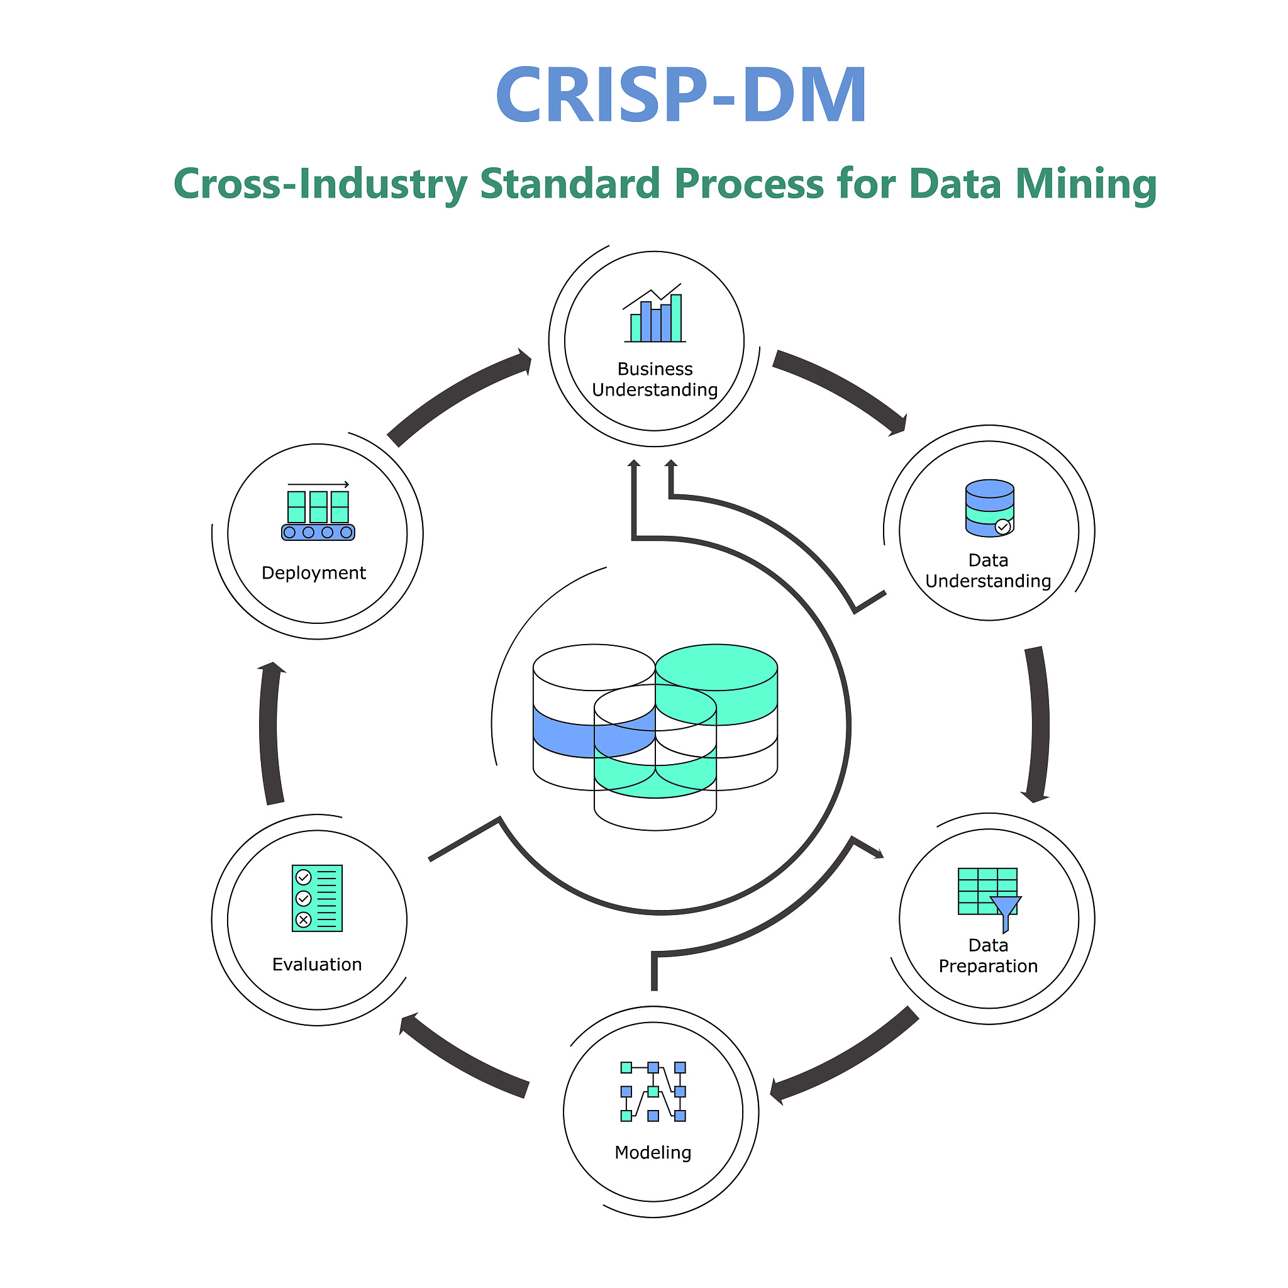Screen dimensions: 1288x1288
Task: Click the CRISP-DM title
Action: coord(680,96)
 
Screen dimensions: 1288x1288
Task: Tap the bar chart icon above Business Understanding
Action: coord(654,315)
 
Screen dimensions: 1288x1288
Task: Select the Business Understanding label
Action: coord(655,379)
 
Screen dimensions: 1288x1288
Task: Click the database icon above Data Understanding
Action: coord(989,508)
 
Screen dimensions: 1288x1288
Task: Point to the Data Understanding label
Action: coord(988,570)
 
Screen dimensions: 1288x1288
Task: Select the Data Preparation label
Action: coord(988,956)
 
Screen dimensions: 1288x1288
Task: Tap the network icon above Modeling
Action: coord(653,1092)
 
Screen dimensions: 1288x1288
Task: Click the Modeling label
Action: coord(653,1153)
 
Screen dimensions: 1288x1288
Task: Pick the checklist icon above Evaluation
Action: coord(317,898)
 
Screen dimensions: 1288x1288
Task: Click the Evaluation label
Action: coord(317,965)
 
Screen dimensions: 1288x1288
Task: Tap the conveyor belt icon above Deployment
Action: coord(318,513)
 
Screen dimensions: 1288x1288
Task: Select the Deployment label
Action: coord(313,574)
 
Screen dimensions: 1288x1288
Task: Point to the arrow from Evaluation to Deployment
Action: coord(269,733)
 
